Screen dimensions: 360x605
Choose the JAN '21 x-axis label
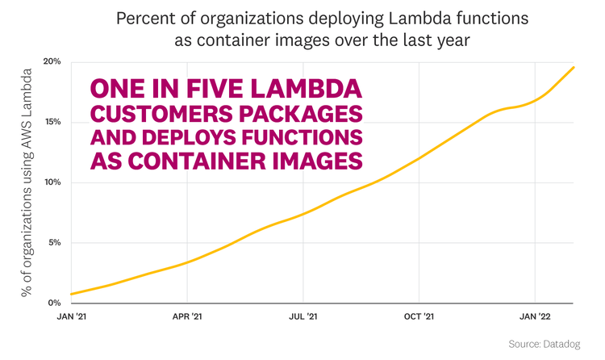click(73, 318)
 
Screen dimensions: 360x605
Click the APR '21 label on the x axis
click(187, 318)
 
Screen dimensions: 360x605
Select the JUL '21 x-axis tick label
click(302, 318)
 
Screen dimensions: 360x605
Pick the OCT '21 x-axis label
click(419, 318)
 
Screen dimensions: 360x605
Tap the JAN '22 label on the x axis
click(534, 318)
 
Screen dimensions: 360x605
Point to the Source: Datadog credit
click(544, 345)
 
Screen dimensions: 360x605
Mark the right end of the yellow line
click(574, 67)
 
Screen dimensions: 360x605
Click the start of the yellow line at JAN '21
click(72, 294)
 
